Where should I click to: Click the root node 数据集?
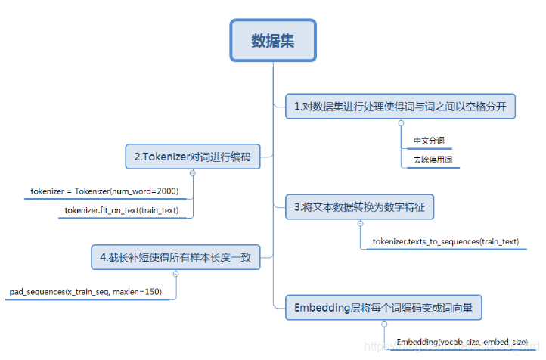pyautogui.click(x=272, y=39)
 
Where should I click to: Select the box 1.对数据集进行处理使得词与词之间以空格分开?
pyautogui.click(x=399, y=107)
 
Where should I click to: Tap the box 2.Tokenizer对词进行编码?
pyautogui.click(x=193, y=157)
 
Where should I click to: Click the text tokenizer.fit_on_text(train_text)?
pyautogui.click(x=122, y=210)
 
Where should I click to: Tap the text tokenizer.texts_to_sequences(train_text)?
pyautogui.click(x=445, y=241)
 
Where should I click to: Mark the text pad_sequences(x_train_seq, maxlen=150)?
pyautogui.click(x=85, y=291)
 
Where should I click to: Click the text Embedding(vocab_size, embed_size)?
pyautogui.click(x=461, y=343)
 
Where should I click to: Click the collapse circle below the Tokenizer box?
pyautogui.click(x=192, y=173)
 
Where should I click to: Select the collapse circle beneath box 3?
pyautogui.click(x=360, y=223)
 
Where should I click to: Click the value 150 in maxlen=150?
pyautogui.click(x=154, y=291)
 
